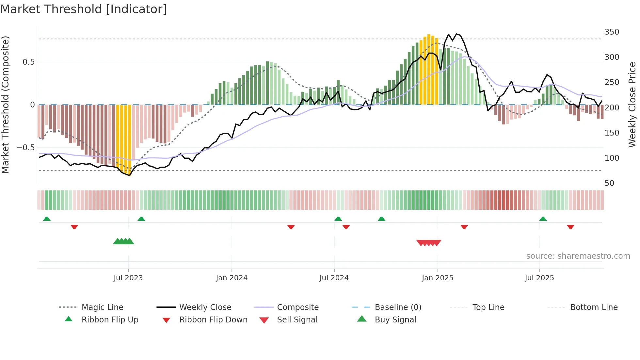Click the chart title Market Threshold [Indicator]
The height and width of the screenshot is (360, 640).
84,9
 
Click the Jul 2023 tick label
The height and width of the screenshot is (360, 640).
128,278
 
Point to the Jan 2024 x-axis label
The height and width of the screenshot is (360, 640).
232,278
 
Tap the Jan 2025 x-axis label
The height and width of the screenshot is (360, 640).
437,278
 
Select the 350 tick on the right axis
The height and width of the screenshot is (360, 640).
612,32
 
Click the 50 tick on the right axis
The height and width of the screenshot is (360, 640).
609,183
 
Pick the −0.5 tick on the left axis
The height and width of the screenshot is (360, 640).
25,148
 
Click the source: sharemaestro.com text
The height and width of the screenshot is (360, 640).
578,256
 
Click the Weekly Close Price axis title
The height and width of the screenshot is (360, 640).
632,105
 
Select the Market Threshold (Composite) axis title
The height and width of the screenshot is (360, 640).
5,105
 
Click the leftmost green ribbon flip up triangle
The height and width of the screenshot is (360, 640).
47,219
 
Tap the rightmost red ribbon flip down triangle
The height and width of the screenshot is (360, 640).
570,227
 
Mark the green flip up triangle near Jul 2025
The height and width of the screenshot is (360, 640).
543,219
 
